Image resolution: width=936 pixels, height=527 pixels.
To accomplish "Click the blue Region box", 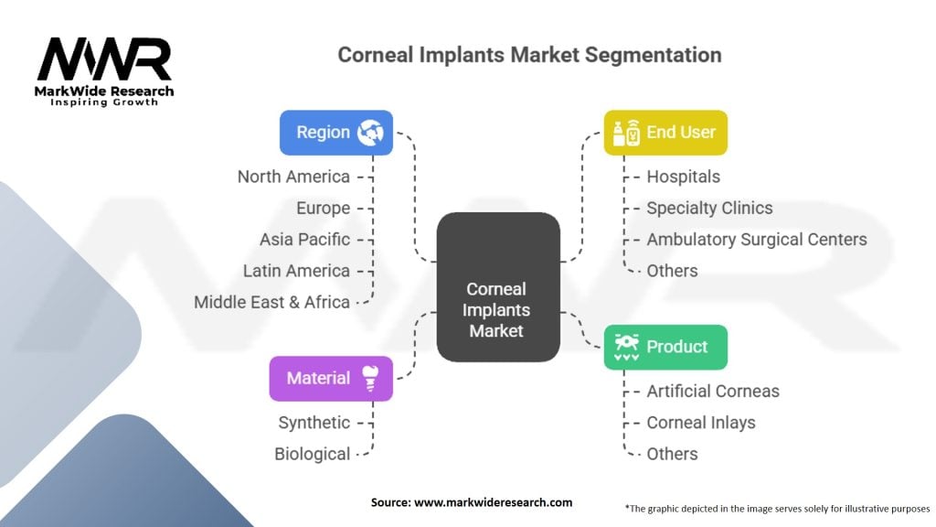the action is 336,132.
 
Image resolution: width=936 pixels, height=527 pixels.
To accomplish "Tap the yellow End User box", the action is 665,132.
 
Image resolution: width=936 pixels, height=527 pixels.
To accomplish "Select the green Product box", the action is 665,347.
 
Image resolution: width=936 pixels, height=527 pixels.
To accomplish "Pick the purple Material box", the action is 331,378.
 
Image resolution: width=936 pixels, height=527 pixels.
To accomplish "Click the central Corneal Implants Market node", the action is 498,286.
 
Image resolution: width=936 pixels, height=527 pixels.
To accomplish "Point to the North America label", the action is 293,177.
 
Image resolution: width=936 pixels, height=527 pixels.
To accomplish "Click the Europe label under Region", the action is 323,208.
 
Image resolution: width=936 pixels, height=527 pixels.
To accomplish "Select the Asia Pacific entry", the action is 304,240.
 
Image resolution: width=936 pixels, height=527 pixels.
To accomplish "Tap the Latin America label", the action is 296,271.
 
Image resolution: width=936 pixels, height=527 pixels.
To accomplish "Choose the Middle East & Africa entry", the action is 271,302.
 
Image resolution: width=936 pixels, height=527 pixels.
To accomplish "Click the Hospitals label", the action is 683,177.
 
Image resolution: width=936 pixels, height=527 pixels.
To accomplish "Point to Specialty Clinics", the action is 709,208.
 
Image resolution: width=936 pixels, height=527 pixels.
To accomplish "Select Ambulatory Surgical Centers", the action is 756,240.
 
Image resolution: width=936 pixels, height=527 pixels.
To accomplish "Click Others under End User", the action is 672,271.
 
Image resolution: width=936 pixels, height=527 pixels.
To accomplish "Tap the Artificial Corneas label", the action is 713,392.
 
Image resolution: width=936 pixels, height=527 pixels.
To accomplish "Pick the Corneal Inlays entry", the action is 701,423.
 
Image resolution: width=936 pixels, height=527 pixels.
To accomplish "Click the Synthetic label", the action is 314,423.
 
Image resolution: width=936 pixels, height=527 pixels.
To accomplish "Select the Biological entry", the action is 313,454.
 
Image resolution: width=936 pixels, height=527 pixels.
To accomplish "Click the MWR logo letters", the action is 104,59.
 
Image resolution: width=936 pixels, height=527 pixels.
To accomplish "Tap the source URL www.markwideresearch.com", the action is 493,502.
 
